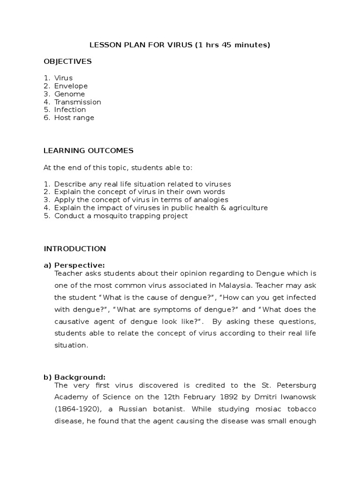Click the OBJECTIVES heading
pos(67,61)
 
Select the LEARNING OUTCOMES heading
pos(89,150)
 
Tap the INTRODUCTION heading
pos(75,248)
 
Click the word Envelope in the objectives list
pos(71,86)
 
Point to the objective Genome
pos(69,94)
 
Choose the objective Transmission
pos(77,102)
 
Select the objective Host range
pos(74,118)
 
